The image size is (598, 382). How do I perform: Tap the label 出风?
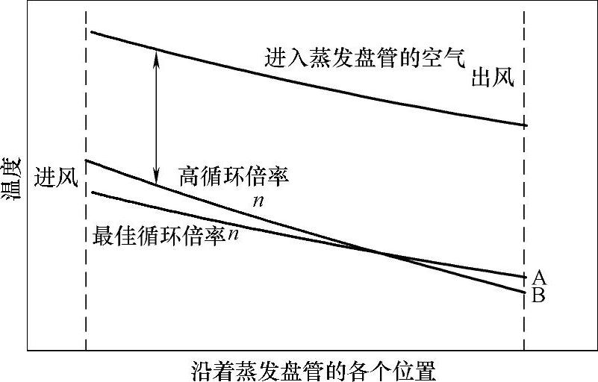coord(492,78)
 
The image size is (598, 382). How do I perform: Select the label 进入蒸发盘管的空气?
coord(365,57)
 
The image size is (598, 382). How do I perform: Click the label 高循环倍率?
coord(234,176)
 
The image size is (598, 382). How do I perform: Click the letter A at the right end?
coord(540,278)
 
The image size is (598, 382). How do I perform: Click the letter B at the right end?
coord(539,295)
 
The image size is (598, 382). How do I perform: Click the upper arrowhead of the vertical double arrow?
coord(155,53)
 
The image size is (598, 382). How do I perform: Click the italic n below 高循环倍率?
coord(258,201)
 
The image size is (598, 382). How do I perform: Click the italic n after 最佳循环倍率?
coord(234,234)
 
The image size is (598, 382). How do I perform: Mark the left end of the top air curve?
coord(90,32)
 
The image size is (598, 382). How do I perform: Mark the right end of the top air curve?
coord(526,125)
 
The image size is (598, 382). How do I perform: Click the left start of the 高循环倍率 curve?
coord(87,160)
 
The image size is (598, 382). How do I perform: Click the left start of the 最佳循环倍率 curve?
coord(90,192)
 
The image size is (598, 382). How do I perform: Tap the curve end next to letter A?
coord(526,277)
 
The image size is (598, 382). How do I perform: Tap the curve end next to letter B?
coord(526,292)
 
